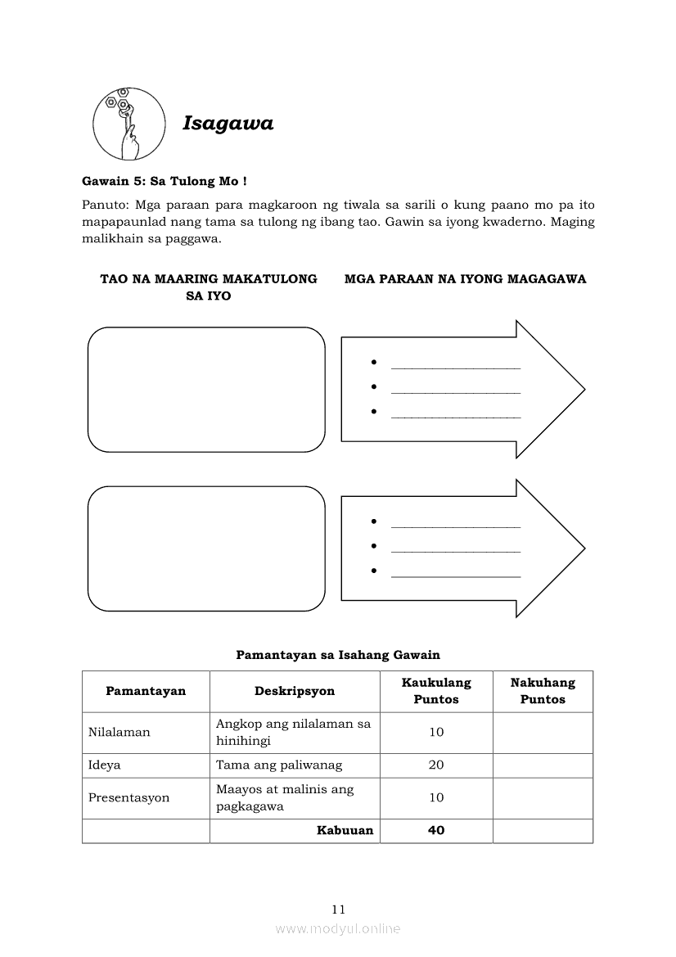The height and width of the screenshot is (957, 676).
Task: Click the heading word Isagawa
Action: coord(228,124)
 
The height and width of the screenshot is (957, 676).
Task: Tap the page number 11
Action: coord(339,909)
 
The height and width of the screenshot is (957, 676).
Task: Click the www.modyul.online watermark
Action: coord(338,928)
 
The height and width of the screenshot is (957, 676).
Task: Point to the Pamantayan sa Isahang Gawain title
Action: coord(338,655)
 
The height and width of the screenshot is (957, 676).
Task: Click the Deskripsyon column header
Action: coord(295,691)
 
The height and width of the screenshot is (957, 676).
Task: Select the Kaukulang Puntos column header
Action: coord(436,691)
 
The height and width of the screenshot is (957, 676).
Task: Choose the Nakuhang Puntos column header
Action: coord(543,691)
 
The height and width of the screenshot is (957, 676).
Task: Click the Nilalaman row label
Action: coord(119,733)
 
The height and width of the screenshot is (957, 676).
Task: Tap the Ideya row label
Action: coord(105,765)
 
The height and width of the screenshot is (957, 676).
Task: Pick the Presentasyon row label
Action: coord(129,798)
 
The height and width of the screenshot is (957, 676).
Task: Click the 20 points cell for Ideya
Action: coord(436,765)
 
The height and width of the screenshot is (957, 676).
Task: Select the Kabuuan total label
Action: coord(345,831)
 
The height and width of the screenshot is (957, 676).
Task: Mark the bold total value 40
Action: coord(436,831)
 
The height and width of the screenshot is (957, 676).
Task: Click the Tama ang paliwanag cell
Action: coord(279,765)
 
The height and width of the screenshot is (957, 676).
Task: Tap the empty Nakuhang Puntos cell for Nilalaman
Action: coord(543,733)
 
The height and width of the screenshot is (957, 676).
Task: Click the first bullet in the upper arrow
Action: coord(373,362)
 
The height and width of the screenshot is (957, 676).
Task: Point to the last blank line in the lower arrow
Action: coord(456,576)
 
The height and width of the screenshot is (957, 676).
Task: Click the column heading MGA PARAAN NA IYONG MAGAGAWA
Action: coord(465,279)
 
